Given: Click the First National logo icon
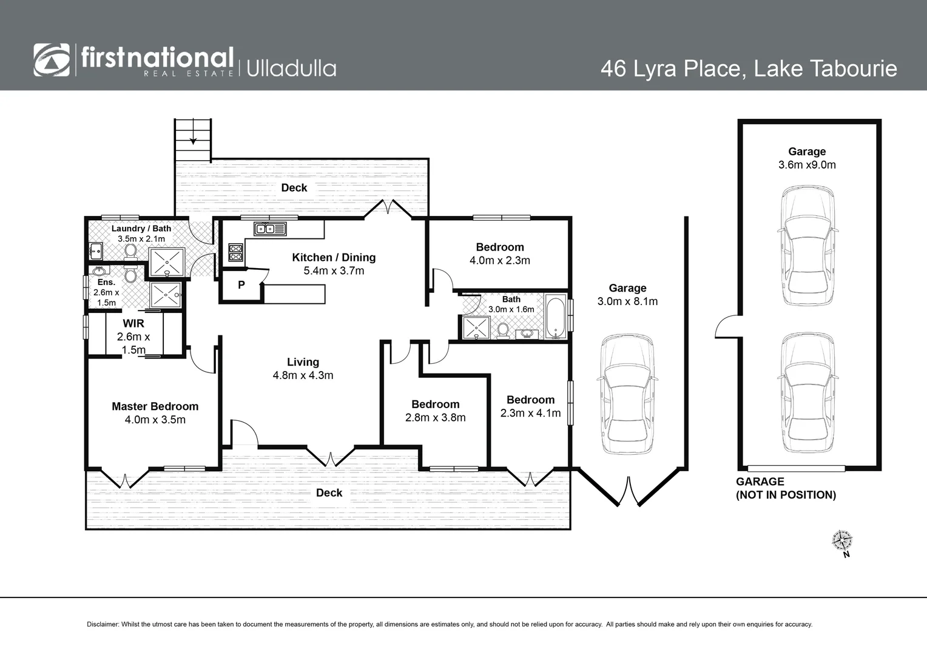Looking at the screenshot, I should pyautogui.click(x=52, y=60).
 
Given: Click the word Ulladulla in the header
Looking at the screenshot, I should pyautogui.click(x=291, y=68).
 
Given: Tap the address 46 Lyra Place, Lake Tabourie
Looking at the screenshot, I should pyautogui.click(x=748, y=68).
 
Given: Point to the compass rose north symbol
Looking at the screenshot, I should pyautogui.click(x=842, y=540).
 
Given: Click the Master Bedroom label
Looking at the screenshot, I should pyautogui.click(x=155, y=406).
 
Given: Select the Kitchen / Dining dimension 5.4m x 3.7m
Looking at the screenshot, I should pyautogui.click(x=334, y=271).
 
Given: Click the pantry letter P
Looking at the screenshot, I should pyautogui.click(x=241, y=285).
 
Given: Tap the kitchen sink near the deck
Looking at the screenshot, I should pyautogui.click(x=270, y=229).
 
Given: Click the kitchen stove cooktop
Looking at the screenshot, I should pyautogui.click(x=235, y=252).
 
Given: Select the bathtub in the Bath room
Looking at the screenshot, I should pyautogui.click(x=555, y=317).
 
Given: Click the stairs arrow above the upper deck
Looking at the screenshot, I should pyautogui.click(x=193, y=139).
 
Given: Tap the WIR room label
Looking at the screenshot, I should pyautogui.click(x=133, y=324).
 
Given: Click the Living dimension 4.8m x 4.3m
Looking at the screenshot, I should pyautogui.click(x=303, y=375).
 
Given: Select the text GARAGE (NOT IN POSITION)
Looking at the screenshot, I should pyautogui.click(x=786, y=488).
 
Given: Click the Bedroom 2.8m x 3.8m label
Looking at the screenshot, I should pyautogui.click(x=435, y=405).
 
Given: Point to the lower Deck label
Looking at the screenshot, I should pyautogui.click(x=329, y=493).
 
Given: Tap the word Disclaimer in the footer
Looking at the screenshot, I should pyautogui.click(x=103, y=624).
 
